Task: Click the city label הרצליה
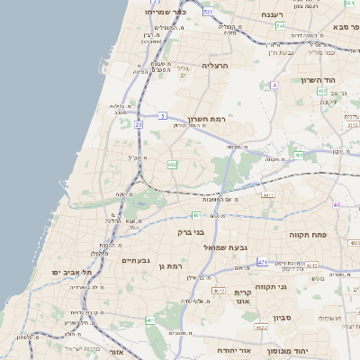click(216, 66)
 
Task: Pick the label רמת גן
click(169, 265)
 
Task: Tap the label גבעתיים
click(134, 260)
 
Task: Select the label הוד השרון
click(327, 80)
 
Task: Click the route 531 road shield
click(209, 12)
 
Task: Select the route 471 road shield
click(263, 262)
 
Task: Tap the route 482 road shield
click(172, 165)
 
